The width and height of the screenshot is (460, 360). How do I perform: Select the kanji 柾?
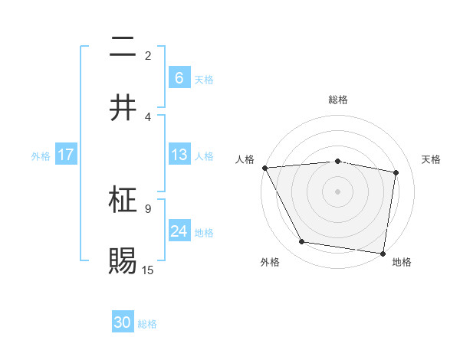click(x=123, y=201)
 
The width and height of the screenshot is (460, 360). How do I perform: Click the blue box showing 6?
click(x=179, y=78)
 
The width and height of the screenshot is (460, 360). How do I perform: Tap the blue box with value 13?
click(x=179, y=155)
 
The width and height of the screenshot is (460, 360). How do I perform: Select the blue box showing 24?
click(x=179, y=231)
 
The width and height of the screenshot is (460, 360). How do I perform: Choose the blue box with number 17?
click(x=66, y=155)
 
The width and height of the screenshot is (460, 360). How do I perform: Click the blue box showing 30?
click(x=123, y=323)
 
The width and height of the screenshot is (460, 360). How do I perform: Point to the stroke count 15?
click(x=149, y=270)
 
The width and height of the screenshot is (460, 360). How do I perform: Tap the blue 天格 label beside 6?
click(x=203, y=79)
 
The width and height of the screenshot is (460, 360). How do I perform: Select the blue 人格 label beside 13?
click(x=203, y=155)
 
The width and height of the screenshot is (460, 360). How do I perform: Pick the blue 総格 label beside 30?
click(x=147, y=324)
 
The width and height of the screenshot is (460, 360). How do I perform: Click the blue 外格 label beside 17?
click(x=41, y=155)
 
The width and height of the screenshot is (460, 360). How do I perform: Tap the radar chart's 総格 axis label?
click(x=338, y=100)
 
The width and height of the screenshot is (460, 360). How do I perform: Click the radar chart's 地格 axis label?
click(x=402, y=262)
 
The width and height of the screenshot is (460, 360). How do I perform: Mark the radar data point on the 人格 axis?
click(x=264, y=168)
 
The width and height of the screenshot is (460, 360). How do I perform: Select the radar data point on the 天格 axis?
click(x=396, y=172)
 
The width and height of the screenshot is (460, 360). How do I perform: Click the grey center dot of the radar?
click(x=338, y=191)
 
